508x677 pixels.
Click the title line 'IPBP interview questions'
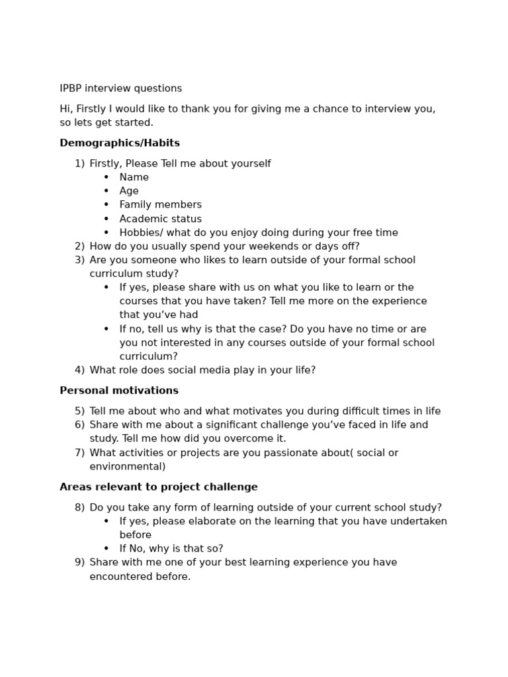120,89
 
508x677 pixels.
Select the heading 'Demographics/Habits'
120,143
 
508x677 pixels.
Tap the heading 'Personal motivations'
119,391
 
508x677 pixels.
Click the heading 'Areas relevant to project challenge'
159,487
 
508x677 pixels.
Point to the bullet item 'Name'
134,177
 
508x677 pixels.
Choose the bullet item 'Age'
129,191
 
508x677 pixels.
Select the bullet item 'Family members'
160,205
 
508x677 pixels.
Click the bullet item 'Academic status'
160,219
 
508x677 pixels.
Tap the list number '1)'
79,164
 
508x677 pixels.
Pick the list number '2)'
79,247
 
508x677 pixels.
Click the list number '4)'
79,370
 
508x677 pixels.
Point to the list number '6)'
79,425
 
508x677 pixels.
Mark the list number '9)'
79,563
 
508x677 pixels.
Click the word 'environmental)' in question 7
128,467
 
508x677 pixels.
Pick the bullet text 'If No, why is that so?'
171,549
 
